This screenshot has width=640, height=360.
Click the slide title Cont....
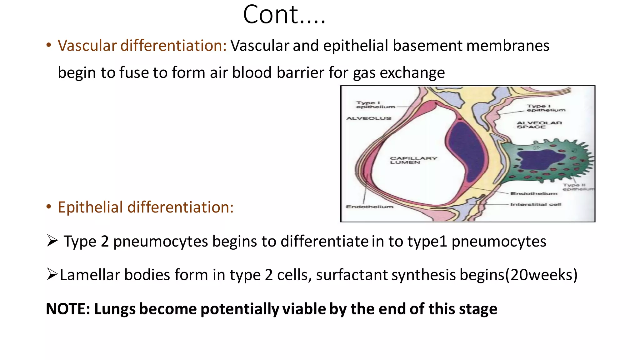284,15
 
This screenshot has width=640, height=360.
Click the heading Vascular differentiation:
142,46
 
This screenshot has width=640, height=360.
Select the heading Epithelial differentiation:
146,207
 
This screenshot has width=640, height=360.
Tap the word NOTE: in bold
68,309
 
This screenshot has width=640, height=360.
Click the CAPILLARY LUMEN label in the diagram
413,160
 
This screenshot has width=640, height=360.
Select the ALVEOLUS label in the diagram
369,118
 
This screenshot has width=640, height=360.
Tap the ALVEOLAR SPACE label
539,125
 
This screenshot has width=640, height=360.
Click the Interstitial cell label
536,204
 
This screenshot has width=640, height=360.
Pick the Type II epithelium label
577,187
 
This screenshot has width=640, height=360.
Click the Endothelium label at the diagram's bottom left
369,207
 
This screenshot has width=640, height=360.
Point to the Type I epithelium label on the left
375,105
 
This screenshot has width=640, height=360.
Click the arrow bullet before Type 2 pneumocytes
52,241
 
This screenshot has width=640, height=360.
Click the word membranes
508,46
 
